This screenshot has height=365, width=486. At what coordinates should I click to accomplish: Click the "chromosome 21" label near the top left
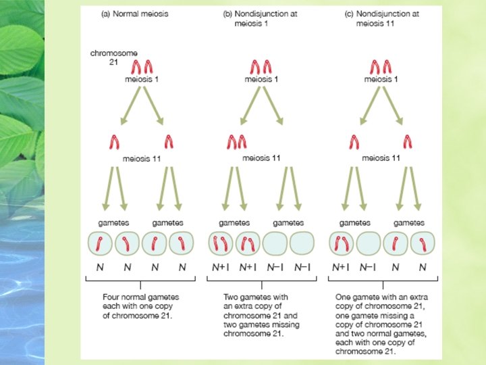click(x=109, y=57)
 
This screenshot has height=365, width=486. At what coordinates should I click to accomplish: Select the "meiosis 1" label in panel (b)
click(x=260, y=80)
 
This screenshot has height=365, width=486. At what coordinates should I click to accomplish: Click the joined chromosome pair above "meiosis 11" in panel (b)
click(x=237, y=143)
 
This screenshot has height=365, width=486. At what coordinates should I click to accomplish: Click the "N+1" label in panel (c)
click(x=341, y=267)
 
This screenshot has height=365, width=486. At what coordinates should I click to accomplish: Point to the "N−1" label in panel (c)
click(x=369, y=267)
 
